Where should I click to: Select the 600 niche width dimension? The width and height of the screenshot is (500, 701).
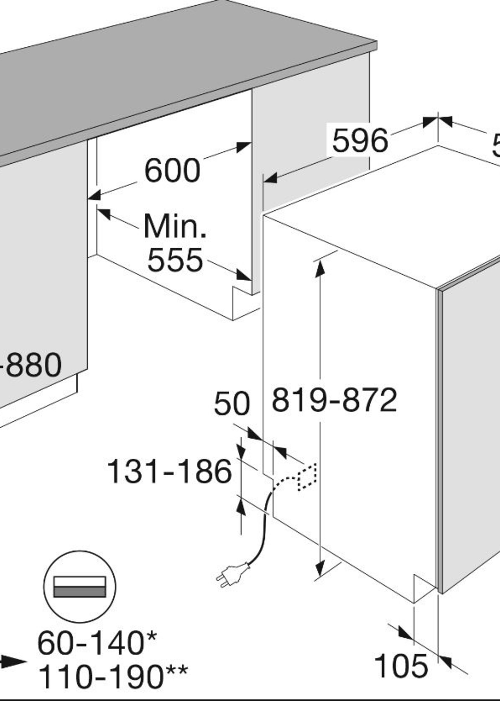(x=172, y=170)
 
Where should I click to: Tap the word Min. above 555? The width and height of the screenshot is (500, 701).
(x=175, y=227)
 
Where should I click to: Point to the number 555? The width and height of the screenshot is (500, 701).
(x=175, y=260)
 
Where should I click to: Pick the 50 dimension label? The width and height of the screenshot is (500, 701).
(x=232, y=403)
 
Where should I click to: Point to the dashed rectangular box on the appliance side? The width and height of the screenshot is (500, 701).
(x=307, y=477)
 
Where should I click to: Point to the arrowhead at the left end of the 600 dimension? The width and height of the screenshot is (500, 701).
(x=94, y=195)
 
